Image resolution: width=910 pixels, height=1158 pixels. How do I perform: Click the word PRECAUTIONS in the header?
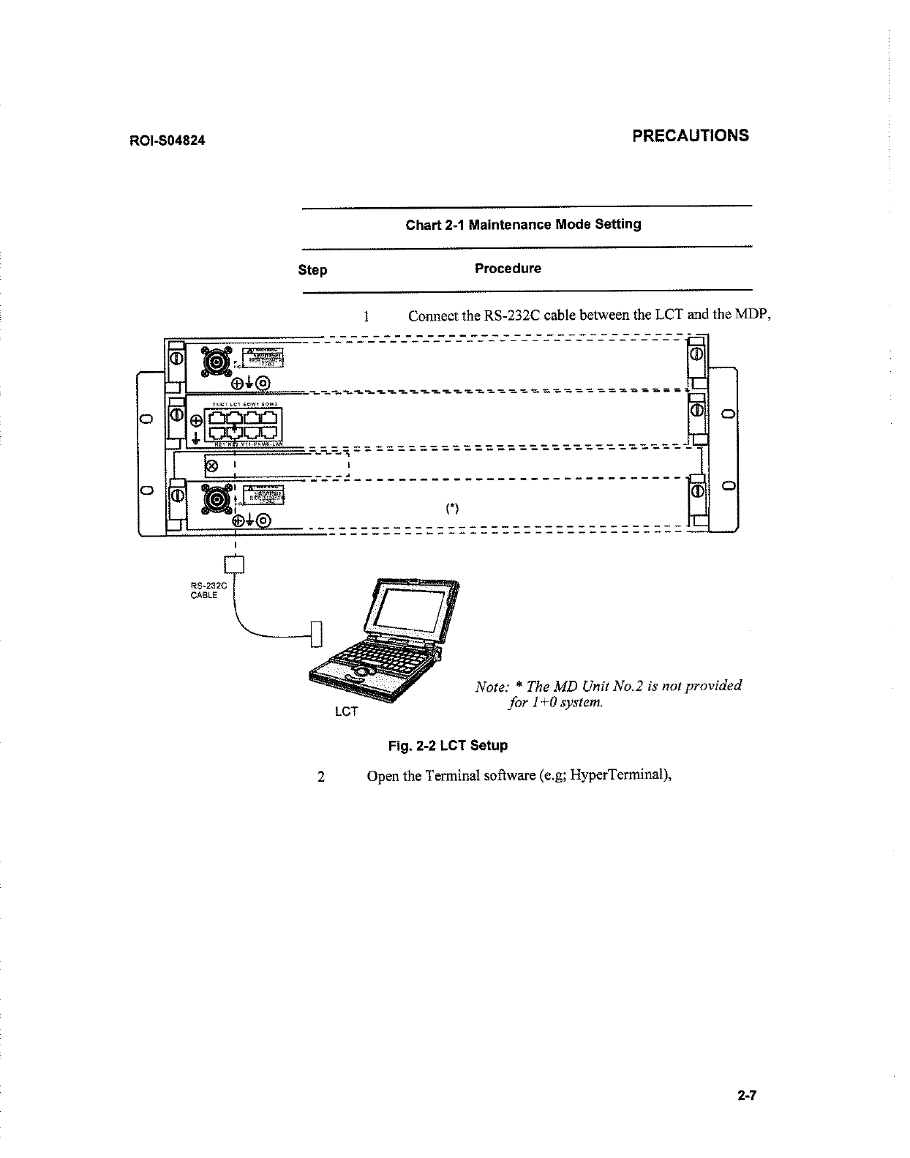coord(691,135)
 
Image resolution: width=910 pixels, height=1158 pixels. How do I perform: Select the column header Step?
coord(312,270)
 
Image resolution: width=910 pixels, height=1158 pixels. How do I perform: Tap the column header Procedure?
coord(508,269)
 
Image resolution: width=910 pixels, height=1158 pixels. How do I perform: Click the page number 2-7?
coord(746,1096)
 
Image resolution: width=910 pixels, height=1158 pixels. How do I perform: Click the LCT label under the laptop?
coord(345,711)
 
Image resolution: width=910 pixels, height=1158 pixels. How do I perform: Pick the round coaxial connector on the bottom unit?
coord(217,499)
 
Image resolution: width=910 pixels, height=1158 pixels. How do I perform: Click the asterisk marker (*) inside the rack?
coord(452,509)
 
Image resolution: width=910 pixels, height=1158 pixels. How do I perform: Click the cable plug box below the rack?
coord(234,565)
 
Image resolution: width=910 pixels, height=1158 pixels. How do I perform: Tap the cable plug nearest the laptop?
coord(316,634)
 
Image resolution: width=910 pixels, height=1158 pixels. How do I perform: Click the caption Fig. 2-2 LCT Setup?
coord(448,746)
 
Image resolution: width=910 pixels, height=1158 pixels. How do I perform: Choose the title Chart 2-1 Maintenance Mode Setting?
coord(523,224)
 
